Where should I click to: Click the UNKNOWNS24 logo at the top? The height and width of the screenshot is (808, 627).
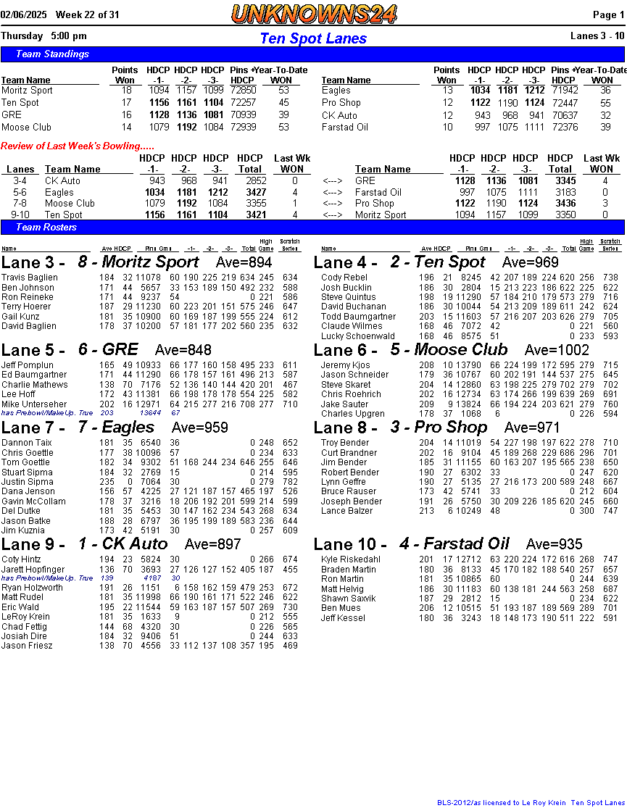314,13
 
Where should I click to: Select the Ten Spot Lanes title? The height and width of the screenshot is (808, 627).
313,38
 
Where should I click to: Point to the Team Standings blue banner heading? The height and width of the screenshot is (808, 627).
52,54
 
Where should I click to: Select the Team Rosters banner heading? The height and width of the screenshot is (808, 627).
46,227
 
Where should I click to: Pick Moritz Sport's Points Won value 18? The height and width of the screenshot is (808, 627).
126,91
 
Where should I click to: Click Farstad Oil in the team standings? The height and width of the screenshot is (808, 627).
344,127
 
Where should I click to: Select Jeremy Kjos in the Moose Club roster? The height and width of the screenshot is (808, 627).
345,365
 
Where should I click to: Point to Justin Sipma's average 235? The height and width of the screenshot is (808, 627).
107,482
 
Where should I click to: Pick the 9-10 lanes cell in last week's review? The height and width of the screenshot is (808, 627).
20,215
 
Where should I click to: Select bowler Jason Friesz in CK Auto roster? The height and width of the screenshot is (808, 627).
27,646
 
